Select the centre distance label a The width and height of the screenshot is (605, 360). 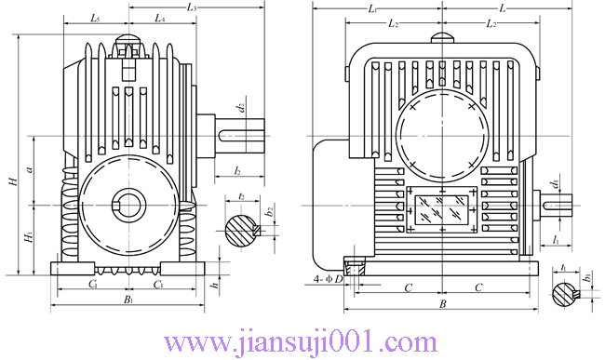[29, 168]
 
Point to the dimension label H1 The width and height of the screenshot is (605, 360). [29, 236]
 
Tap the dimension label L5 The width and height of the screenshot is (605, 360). [95, 18]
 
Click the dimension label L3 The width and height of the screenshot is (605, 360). [192, 7]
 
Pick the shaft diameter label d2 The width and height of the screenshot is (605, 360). [241, 107]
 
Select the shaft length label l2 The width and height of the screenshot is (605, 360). [237, 170]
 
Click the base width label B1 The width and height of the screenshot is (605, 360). [128, 300]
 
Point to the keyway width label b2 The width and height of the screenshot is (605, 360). [270, 211]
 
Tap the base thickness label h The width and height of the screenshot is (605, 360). [215, 286]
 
